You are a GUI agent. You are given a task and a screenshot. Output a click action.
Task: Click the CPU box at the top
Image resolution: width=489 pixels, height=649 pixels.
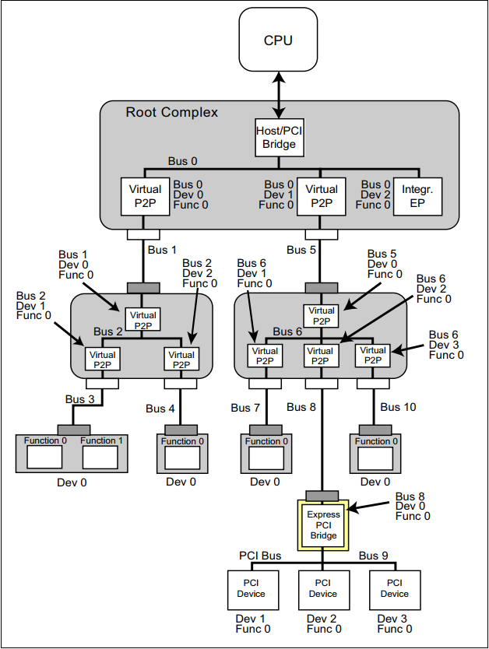278,40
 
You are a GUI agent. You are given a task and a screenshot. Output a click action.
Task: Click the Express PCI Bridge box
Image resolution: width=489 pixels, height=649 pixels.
323,525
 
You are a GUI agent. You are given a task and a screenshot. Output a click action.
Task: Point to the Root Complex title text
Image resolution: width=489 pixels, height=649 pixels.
172,112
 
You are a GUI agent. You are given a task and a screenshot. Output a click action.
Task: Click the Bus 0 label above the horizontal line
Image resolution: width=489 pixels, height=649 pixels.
182,161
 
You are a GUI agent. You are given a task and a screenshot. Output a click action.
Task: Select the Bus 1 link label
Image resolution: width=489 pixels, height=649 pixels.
163,250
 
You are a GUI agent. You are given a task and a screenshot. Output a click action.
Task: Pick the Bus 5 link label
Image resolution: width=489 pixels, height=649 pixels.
301,250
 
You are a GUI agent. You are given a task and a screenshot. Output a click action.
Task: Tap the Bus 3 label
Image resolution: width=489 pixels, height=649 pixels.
80,399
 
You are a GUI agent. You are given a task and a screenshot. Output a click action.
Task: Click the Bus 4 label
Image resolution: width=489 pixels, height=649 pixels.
161,409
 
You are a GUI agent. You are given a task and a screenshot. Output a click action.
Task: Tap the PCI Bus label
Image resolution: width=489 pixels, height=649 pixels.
260,556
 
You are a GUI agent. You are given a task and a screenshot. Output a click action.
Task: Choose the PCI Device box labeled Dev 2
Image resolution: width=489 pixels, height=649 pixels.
323,589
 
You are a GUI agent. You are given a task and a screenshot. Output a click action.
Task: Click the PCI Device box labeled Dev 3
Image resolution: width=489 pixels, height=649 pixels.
394,589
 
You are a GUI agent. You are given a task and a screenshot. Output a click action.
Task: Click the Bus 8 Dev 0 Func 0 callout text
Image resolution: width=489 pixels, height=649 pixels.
413,507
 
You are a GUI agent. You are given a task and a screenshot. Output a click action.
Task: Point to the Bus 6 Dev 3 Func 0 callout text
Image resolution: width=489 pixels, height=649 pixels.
446,345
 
